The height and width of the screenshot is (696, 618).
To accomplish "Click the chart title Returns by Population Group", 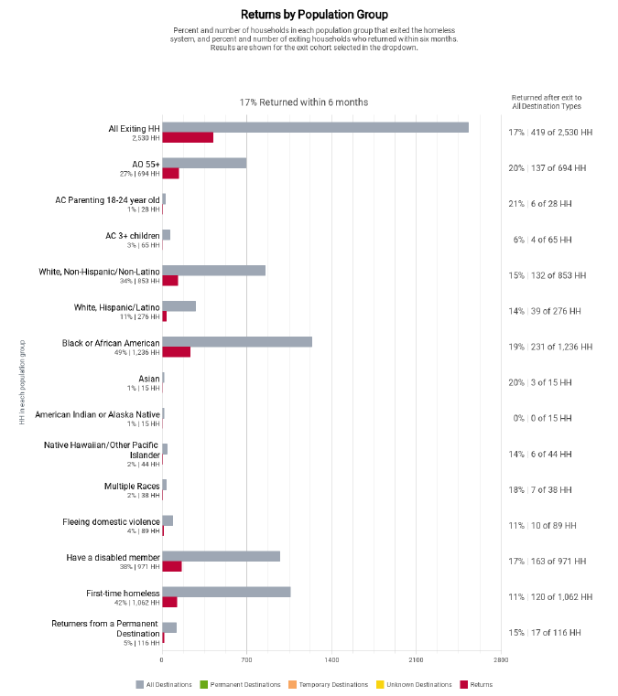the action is pos(314,15).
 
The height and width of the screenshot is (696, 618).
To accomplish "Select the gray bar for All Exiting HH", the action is pos(316,127).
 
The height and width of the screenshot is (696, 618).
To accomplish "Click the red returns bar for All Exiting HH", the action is pos(188,137).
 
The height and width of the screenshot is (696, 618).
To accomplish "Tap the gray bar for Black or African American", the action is pos(237,342).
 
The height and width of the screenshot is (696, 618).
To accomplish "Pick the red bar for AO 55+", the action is pos(170,174).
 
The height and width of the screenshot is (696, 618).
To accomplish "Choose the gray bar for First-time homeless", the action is pos(226,592).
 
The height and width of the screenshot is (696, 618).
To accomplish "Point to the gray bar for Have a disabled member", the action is pos(221,556).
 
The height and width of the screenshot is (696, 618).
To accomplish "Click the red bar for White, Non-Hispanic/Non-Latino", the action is pos(170,281).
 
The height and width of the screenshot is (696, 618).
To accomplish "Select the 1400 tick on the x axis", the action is pos(331,660).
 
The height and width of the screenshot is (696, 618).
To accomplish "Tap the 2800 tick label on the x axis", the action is pos(501,660).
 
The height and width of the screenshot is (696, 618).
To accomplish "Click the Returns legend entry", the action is pos(476,684).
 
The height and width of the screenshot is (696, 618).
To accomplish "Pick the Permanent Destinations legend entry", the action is pos(240,684).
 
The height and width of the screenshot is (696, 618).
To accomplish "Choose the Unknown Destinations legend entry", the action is pos(414,684).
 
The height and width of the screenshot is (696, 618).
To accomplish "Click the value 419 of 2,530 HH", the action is pos(561,133).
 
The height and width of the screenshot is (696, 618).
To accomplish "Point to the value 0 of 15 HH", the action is pos(551,418).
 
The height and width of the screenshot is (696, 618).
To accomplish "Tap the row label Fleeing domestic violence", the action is pos(111,522).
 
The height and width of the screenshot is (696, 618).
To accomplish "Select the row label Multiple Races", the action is pos(132,486).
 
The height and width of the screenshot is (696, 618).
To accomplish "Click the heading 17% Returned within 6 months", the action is pos(304,102).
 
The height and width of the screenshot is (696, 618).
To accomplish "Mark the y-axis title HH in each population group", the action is pos(22,382).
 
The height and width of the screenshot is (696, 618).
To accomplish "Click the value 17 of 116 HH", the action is pos(556,633).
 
